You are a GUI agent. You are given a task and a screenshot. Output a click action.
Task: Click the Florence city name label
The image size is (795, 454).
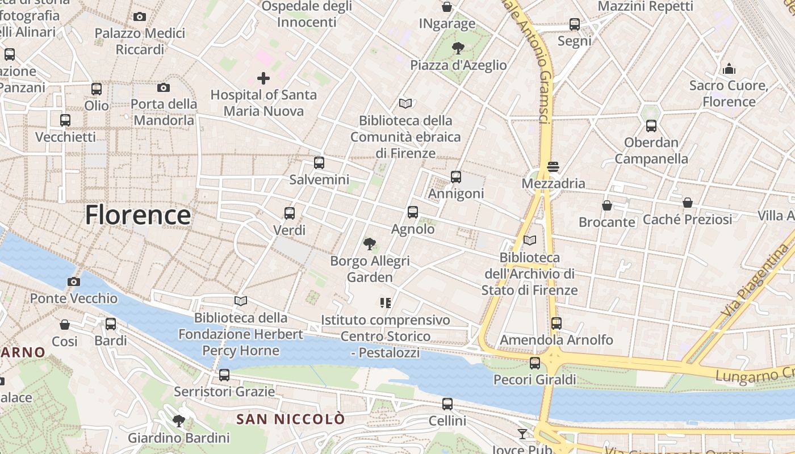tap(138, 216)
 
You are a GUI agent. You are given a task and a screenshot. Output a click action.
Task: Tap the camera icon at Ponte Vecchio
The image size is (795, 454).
tap(73, 281)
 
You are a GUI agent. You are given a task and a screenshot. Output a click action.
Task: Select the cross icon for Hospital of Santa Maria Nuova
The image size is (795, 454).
tap(263, 78)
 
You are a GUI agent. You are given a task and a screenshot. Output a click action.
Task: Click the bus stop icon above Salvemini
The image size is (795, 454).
tap(319, 163)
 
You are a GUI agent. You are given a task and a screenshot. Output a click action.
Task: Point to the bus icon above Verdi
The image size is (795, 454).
tap(290, 213)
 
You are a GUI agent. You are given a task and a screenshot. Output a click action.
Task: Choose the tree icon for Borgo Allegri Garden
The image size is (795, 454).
tap(370, 244)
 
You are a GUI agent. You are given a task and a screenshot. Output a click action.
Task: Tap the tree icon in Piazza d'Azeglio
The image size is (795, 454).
tap(458, 48)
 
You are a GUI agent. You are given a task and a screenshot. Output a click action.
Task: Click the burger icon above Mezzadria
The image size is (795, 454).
tap(553, 167)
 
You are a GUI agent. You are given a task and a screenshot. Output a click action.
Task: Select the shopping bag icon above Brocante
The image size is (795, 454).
tap(607, 205)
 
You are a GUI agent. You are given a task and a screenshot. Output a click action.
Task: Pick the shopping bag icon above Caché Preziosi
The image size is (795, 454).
tap(688, 203)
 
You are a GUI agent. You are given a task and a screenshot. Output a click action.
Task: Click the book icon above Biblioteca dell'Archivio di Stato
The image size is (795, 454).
tap(530, 241)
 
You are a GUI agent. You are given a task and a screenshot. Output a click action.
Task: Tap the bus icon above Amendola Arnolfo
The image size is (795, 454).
tap(556, 323)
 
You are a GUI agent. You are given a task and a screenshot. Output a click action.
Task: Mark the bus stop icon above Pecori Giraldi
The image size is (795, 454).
tap(535, 363)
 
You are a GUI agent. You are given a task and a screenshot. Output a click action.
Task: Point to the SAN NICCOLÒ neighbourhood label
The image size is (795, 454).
tap(291, 419)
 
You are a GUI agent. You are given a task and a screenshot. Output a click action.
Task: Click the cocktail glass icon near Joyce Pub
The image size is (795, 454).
tap(522, 434)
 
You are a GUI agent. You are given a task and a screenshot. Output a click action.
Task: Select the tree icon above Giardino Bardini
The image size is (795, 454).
tap(179, 421)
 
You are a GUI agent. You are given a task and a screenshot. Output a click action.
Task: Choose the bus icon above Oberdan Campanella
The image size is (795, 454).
tap(651, 126)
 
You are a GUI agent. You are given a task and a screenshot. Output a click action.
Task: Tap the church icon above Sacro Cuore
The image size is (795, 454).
tap(729, 69)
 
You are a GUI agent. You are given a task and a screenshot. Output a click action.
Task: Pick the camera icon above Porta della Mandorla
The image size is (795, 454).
tap(164, 87)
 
